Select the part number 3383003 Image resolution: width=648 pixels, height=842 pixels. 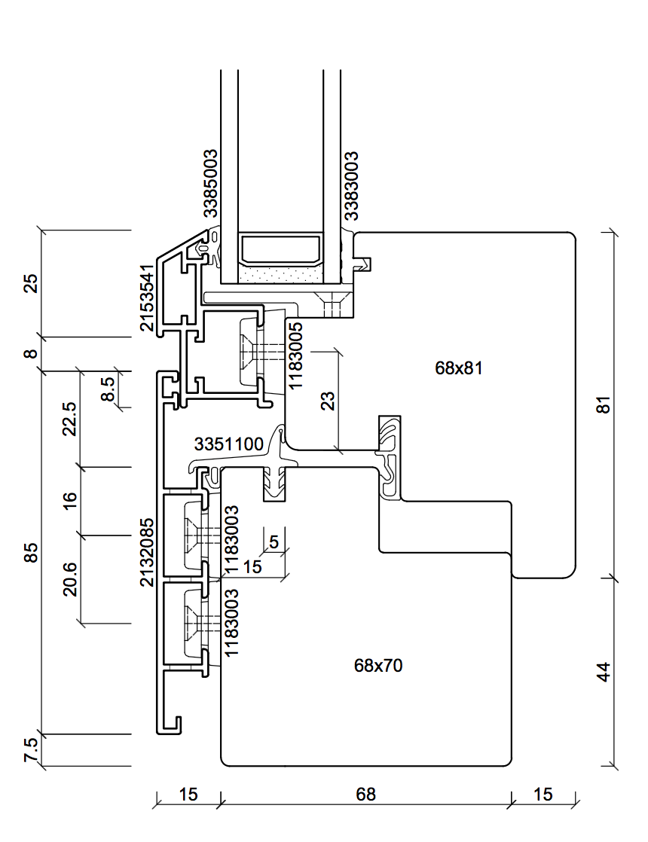point(350,185)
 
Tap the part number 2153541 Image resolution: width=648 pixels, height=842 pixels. point(147,297)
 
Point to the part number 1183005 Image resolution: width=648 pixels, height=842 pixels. point(296,354)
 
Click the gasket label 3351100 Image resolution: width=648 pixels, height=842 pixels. point(229,444)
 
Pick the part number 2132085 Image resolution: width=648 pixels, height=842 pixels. point(148,552)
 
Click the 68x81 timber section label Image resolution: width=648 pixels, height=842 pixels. point(458,368)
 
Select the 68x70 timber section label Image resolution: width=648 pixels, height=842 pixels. point(377,665)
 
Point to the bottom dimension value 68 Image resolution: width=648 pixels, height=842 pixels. point(365,795)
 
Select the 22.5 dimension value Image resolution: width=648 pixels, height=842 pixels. point(69,419)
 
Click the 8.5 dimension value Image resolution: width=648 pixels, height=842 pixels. point(108,389)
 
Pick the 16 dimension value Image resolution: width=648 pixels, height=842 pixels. point(69,501)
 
